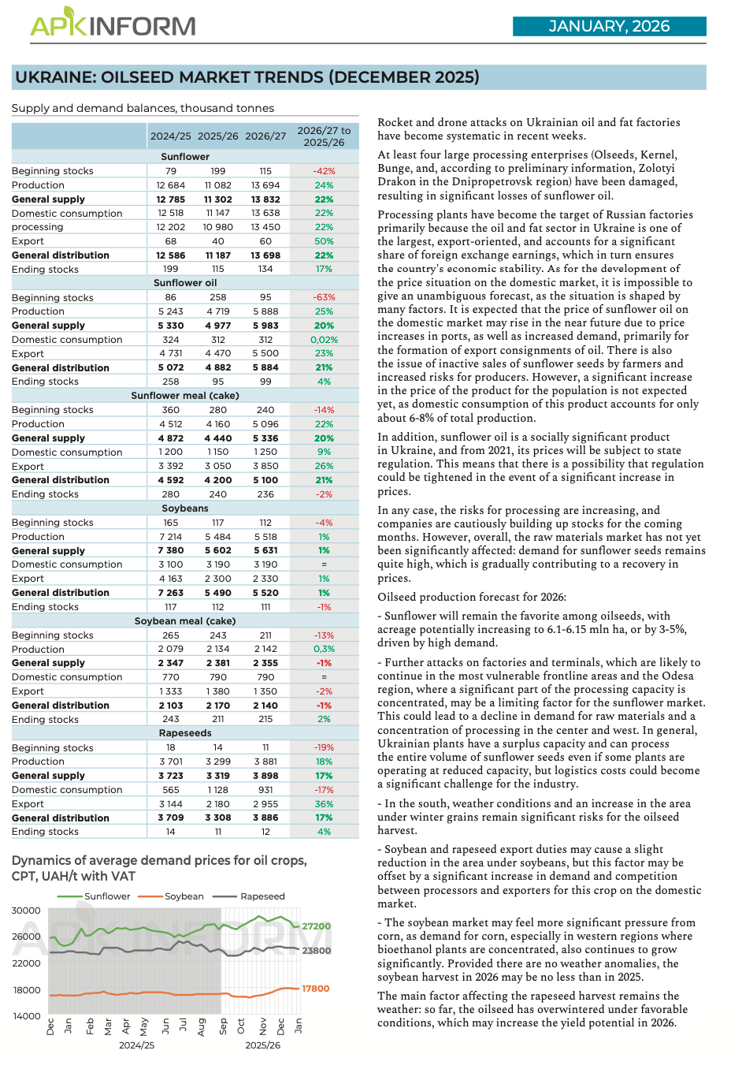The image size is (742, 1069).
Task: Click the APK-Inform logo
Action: tap(113, 24)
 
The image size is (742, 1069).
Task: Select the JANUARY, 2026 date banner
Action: tap(609, 26)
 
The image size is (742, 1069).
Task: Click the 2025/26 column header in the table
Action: tap(218, 136)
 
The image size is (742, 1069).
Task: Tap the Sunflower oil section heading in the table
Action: tap(185, 283)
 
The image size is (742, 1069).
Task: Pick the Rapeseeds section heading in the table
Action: tap(185, 733)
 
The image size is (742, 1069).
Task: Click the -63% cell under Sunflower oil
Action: tap(324, 297)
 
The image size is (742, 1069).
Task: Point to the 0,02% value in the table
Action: tap(324, 340)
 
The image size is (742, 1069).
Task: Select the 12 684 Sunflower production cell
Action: tap(171, 185)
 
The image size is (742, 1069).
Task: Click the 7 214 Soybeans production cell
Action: tap(171, 537)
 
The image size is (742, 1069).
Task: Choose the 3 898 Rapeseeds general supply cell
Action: tap(265, 776)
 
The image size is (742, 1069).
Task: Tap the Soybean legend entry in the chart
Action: tap(184, 896)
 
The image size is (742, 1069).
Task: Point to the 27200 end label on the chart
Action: tap(317, 926)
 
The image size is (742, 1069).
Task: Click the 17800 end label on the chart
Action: tap(316, 989)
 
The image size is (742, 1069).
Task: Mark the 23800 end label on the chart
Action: tap(317, 951)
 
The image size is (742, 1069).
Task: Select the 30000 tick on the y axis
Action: tap(26, 911)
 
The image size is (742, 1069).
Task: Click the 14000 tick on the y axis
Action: tap(26, 1016)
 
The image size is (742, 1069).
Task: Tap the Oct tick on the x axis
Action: tap(242, 1026)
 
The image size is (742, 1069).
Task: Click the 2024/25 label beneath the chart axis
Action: tap(136, 1045)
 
